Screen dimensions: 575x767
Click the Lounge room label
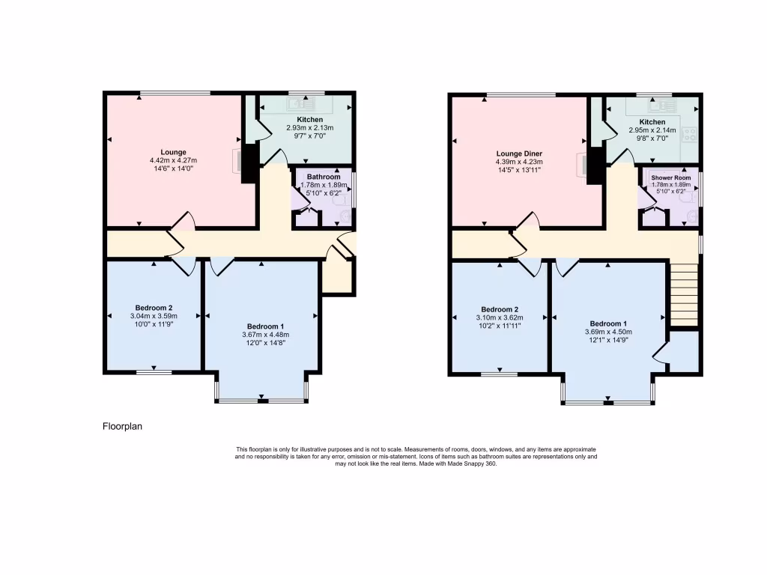(x=173, y=152)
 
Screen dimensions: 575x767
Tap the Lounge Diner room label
(x=518, y=153)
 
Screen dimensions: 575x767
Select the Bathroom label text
(x=324, y=177)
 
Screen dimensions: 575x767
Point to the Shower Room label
(x=670, y=177)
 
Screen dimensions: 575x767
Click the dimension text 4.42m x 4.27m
(x=173, y=160)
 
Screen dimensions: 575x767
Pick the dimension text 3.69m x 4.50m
(x=608, y=332)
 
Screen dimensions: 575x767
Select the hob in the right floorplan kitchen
(x=689, y=135)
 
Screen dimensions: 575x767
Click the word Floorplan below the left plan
(x=122, y=427)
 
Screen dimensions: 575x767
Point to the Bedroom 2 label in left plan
(x=154, y=308)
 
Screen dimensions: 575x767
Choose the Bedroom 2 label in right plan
(x=500, y=309)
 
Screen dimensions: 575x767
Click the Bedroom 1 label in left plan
(x=266, y=326)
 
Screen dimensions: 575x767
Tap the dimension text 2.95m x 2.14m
(x=652, y=130)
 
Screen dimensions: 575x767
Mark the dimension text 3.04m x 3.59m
(x=154, y=316)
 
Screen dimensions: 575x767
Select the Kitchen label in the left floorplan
(x=310, y=120)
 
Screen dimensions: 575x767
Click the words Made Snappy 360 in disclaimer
(x=473, y=463)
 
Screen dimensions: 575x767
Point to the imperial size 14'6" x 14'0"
(x=173, y=168)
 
